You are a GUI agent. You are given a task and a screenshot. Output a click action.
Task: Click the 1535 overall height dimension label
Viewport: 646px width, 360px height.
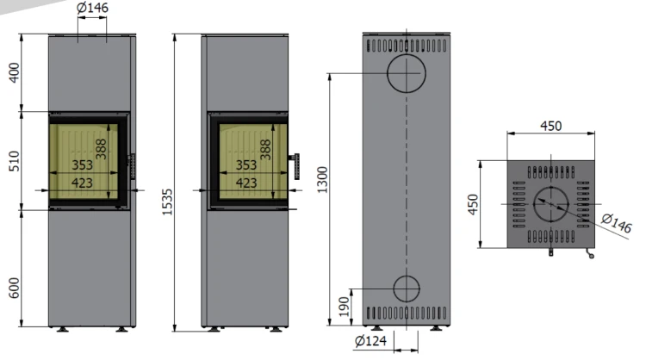pyautogui.click(x=167, y=202)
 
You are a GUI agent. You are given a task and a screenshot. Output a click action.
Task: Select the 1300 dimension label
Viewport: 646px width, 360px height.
pyautogui.click(x=322, y=180)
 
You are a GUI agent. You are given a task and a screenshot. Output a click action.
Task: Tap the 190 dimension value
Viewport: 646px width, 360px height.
pyautogui.click(x=345, y=307)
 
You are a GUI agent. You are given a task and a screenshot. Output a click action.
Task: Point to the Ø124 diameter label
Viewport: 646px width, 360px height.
pyautogui.click(x=370, y=341)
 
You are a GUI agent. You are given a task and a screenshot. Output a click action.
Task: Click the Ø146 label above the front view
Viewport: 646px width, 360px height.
pyautogui.click(x=93, y=8)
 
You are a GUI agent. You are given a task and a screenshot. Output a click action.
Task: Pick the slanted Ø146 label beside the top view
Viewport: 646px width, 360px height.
pyautogui.click(x=617, y=223)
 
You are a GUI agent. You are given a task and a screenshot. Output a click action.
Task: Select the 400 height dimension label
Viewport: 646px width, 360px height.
pyautogui.click(x=14, y=72)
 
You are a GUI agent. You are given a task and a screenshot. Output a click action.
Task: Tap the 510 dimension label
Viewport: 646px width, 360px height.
pyautogui.click(x=14, y=161)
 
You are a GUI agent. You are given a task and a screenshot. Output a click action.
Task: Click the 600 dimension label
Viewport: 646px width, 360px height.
pyautogui.click(x=14, y=288)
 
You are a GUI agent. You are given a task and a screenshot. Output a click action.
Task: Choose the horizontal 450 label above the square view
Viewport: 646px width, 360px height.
pyautogui.click(x=551, y=126)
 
